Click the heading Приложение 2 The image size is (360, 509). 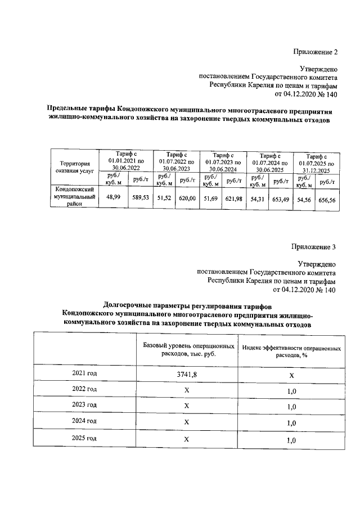pos(315,53)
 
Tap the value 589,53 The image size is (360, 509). pos(141,198)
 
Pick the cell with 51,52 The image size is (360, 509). pos(164,199)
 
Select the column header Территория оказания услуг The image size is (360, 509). pos(74,166)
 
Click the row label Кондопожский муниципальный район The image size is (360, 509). pos(74,197)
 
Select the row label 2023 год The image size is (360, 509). pos(84,405)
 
